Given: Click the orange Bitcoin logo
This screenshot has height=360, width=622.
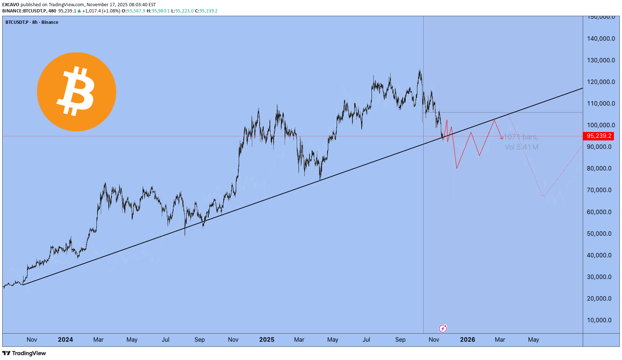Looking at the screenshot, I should coord(77,92).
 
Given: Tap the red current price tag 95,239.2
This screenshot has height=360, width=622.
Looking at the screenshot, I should coord(599,136).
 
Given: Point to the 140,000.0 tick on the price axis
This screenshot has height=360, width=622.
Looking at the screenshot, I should coord(601,38).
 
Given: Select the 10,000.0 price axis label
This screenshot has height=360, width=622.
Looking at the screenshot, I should coord(599,320).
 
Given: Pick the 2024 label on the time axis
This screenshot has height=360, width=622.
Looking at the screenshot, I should coord(65,339).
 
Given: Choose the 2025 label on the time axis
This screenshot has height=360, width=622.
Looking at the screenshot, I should coord(267,339).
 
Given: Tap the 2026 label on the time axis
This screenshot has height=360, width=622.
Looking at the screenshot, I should coord(468,339).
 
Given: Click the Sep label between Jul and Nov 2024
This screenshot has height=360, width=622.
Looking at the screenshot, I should coord(200,339).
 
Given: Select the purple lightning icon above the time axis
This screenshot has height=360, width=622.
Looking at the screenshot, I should coord(443,328).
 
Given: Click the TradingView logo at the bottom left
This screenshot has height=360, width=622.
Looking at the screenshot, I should coord(24,353).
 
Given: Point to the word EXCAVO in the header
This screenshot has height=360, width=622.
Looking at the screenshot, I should coord(11,5).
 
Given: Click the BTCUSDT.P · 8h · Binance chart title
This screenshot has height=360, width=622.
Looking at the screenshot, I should coord(32,22).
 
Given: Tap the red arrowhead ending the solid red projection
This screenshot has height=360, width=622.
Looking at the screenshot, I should coord(502,139).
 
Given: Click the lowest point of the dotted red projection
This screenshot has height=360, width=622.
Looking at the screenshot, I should coord(543,196).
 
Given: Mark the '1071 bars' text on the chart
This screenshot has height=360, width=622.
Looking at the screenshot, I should coord(521,137).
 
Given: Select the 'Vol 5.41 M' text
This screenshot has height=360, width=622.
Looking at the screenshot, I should coord(522,147).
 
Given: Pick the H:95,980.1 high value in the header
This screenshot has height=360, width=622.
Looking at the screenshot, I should coord(158,11).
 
